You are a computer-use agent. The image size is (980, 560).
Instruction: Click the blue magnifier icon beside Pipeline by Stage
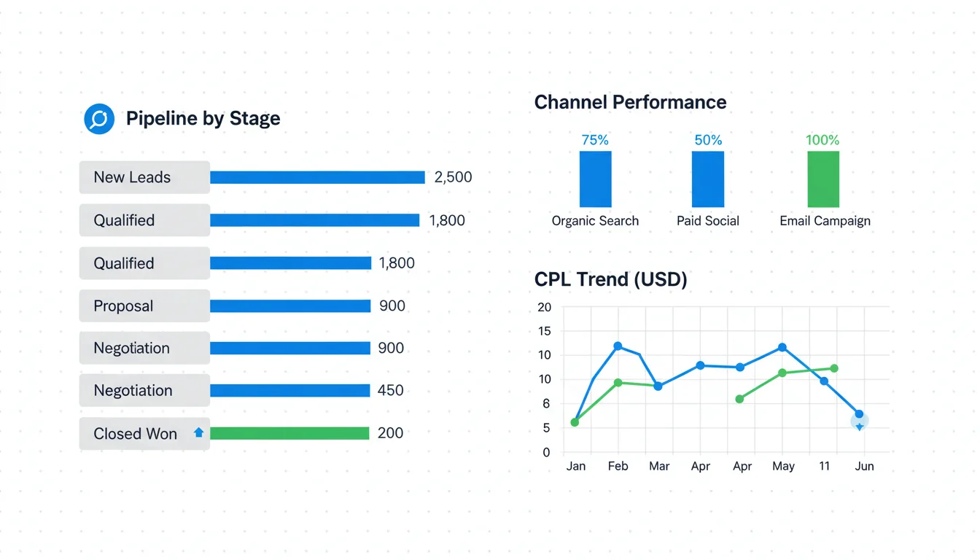tap(99, 119)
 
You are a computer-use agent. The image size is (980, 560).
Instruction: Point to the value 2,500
tap(453, 177)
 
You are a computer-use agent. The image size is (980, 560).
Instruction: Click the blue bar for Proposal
tap(290, 306)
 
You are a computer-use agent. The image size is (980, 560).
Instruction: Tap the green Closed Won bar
tap(290, 433)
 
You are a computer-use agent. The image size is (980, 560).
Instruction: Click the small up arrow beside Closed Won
tap(198, 432)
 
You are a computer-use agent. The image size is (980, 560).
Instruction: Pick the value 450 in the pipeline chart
tap(390, 391)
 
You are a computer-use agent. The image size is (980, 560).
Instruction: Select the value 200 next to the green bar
tap(390, 433)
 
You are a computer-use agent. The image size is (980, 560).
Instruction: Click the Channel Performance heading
tap(630, 102)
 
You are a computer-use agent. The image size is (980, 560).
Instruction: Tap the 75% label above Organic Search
tap(595, 140)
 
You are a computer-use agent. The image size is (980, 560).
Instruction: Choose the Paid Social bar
tap(708, 179)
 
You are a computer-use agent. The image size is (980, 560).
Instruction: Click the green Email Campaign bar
tap(823, 179)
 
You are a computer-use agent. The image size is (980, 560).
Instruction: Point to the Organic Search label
tap(595, 221)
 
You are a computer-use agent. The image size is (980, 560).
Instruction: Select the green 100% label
tap(822, 140)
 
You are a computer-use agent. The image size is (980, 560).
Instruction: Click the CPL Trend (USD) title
tap(610, 279)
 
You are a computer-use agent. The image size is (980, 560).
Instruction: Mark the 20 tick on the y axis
tap(544, 307)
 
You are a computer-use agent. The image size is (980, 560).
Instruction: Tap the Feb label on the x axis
tap(618, 466)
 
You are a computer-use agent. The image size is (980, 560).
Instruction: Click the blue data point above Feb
tap(618, 346)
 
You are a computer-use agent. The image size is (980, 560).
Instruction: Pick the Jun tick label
tap(864, 466)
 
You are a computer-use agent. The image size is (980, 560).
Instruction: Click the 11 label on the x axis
tap(824, 466)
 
